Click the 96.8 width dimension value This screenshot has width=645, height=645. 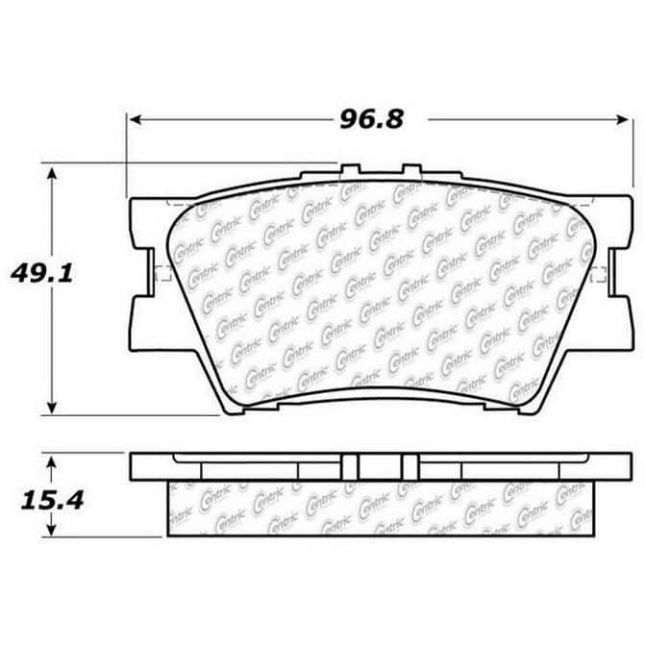(x=372, y=120)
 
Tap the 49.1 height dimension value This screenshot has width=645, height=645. (x=42, y=273)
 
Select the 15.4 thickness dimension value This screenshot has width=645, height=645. (x=52, y=501)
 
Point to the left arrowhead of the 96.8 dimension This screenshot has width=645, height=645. (x=136, y=120)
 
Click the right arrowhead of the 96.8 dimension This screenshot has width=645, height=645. (x=622, y=120)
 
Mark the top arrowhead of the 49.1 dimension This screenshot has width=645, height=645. (x=51, y=173)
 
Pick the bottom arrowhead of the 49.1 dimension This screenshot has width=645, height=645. (x=51, y=408)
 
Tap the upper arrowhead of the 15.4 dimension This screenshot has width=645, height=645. (x=51, y=464)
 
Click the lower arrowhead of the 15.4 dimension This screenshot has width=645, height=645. (x=51, y=529)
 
